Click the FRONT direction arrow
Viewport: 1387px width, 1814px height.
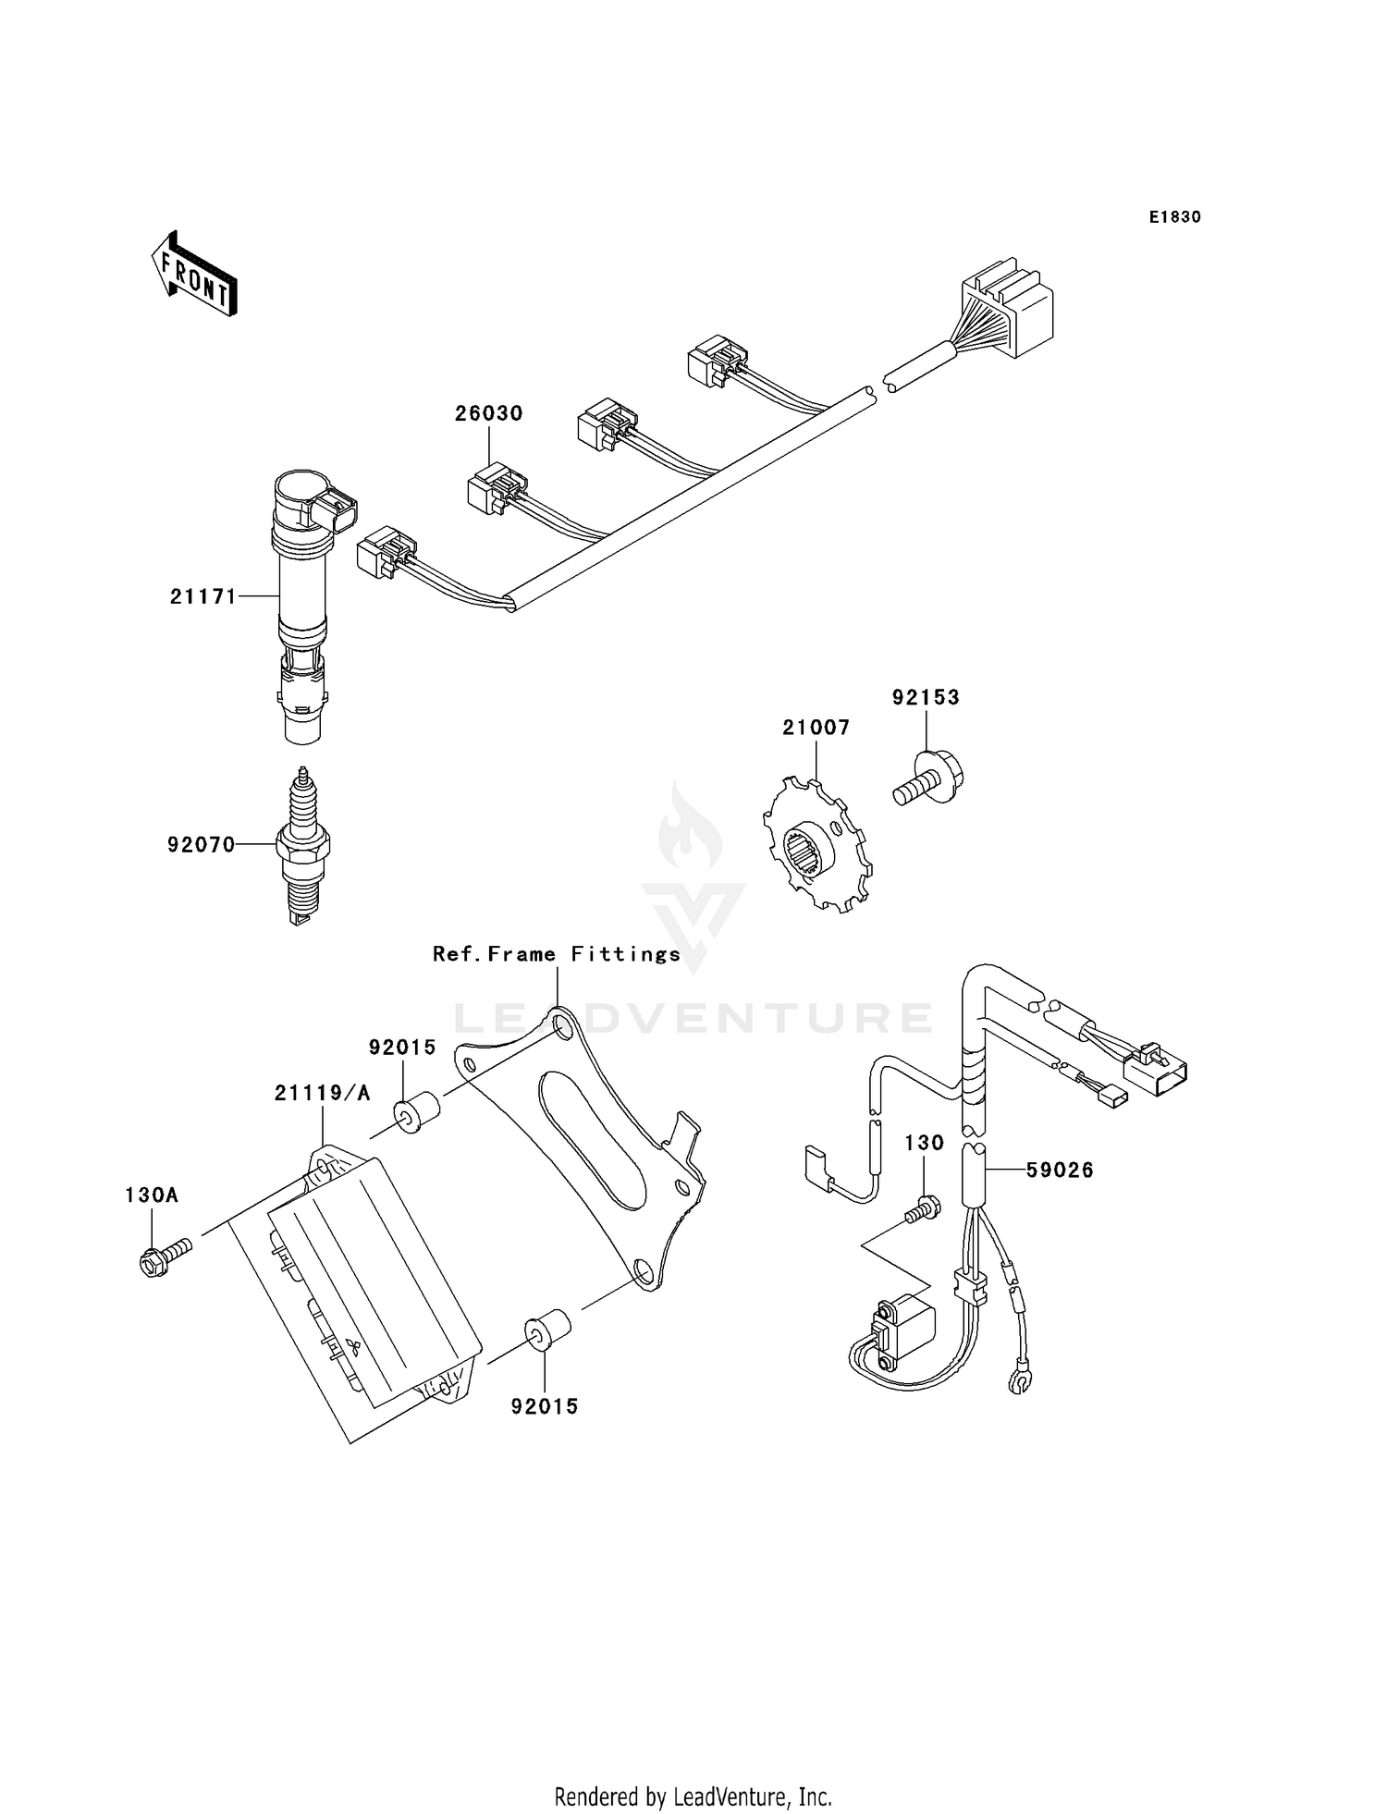194,275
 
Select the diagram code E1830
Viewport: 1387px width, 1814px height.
1174,217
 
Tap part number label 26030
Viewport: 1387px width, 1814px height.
488,413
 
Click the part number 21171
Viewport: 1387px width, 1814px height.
203,597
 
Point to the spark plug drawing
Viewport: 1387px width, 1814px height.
302,845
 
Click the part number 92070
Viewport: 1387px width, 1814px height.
201,844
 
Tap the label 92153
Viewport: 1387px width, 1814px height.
926,697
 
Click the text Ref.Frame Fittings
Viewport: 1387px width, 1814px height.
557,954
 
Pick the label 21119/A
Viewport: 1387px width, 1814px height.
322,1093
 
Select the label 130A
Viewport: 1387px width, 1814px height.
152,1195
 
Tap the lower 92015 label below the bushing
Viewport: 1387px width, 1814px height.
545,1406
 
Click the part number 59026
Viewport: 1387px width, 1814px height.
1060,1171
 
